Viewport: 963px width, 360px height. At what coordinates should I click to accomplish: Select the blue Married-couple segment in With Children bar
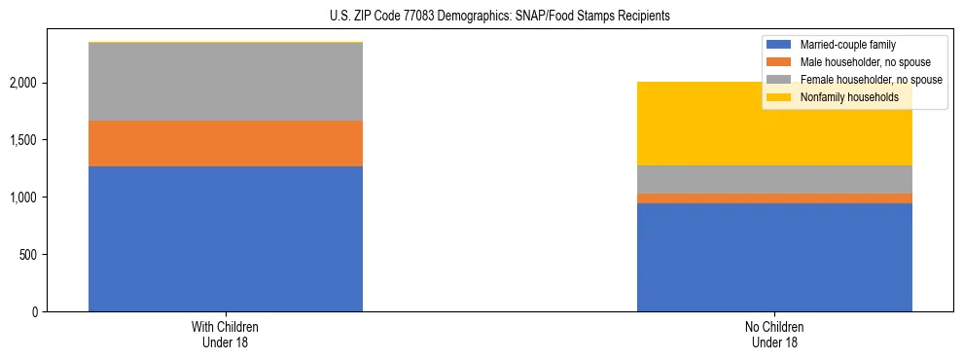coord(226,238)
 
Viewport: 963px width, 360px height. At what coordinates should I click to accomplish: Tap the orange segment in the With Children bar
coord(226,143)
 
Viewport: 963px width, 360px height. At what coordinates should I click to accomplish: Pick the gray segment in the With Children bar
coord(226,82)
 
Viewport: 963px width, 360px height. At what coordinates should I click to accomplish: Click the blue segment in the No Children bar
coord(774,257)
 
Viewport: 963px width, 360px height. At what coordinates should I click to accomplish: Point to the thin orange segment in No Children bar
coord(774,198)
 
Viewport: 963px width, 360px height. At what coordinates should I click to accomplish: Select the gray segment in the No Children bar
coord(774,179)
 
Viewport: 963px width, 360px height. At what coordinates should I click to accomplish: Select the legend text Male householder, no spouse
coord(858,62)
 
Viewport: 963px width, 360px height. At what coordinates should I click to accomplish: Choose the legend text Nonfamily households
coord(842,97)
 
